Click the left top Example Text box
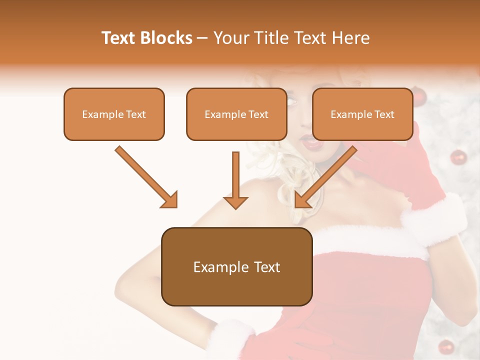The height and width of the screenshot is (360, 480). (114, 114)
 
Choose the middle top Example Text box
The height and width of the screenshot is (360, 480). (236, 114)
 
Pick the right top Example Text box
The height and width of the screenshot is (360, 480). (362, 114)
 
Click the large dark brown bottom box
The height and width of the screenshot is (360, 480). (236, 267)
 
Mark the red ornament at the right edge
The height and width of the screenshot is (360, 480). (458, 157)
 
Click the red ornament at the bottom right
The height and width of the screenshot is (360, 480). (445, 346)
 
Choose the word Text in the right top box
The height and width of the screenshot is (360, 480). (384, 114)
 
